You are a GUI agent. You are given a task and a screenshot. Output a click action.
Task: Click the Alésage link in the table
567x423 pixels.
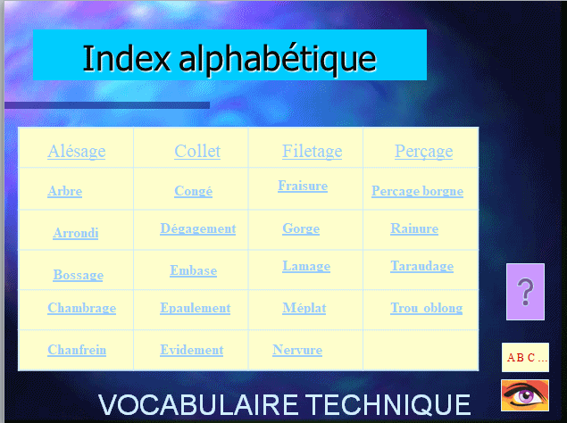pos(77,152)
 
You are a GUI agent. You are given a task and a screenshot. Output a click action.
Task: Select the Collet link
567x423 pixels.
pos(197,151)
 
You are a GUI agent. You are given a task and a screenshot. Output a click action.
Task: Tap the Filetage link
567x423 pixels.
pos(312,152)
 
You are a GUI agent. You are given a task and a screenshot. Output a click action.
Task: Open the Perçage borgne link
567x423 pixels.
pos(417,191)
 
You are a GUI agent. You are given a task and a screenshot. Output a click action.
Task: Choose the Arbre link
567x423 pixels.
pos(64,191)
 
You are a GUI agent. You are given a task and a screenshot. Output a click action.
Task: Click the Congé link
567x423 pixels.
pos(194,191)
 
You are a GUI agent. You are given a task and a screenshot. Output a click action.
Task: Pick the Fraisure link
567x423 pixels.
pos(303,186)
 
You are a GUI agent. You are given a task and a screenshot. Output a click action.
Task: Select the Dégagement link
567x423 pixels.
pos(198,228)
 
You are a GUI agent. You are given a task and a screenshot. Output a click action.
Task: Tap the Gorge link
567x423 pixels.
pos(301,228)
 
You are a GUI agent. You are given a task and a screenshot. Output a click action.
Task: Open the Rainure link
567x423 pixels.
pos(414,228)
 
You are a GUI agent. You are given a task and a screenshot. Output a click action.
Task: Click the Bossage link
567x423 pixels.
pos(78,275)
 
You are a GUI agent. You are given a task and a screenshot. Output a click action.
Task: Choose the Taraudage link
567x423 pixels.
pos(422,267)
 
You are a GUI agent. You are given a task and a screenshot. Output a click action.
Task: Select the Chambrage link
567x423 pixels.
pos(82,308)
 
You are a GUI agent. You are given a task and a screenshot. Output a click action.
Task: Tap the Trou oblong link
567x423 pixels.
pos(426,308)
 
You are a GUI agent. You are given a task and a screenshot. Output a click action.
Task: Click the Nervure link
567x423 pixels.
pos(297,350)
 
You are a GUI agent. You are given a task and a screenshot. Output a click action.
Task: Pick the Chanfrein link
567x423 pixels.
pos(77,350)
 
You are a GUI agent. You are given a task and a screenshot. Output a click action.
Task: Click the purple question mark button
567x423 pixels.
pos(525,292)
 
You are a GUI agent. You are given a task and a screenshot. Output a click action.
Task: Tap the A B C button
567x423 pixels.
pos(525,357)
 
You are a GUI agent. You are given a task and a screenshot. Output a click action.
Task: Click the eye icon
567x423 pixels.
pos(525,395)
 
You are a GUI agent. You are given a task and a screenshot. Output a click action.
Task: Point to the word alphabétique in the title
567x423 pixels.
pos(278,59)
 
